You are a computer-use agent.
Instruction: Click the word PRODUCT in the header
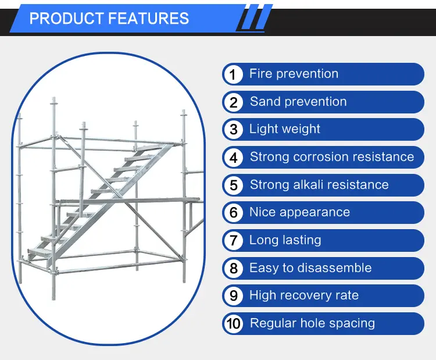pos(63,18)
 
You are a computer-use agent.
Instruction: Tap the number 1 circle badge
pos(233,74)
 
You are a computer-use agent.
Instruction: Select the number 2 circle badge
pos(233,102)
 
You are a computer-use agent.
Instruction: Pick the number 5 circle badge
pos(233,186)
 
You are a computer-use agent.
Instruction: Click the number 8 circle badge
pos(233,269)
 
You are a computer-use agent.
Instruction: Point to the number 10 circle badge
pos(233,324)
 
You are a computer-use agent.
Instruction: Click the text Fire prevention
pos(294,74)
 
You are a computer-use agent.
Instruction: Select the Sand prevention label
pos(298,102)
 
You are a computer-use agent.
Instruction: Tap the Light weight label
pos(285,129)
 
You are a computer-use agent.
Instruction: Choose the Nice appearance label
pos(299,212)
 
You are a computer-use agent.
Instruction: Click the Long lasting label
pos(285,240)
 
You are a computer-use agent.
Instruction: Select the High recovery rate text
pos(304,295)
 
